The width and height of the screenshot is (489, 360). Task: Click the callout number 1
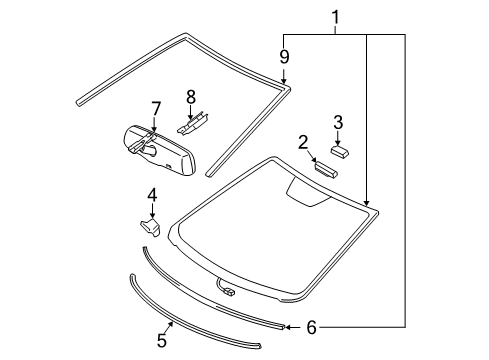(x=335, y=17)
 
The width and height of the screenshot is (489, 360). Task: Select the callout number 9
(x=284, y=57)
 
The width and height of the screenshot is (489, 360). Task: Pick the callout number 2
(x=302, y=142)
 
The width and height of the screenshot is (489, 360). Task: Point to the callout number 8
(x=190, y=97)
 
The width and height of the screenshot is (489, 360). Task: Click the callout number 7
(x=155, y=107)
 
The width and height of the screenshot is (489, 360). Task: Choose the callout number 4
(x=152, y=194)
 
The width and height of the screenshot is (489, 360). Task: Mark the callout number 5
(x=162, y=340)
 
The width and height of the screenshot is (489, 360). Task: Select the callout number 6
(x=310, y=326)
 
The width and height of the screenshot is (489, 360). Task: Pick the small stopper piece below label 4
(x=149, y=227)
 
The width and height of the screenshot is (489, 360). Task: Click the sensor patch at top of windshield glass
(x=308, y=190)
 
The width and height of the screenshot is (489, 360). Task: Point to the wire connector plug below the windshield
(x=229, y=293)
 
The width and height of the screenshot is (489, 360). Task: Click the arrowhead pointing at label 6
(x=287, y=326)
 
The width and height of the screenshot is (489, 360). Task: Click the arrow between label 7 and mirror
(x=155, y=123)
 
